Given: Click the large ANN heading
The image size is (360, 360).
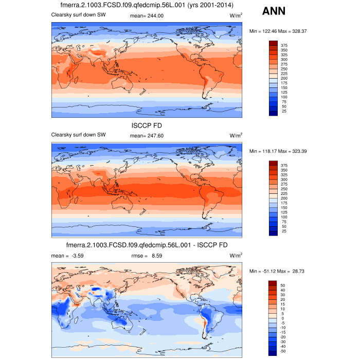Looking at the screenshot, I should pos(278,11).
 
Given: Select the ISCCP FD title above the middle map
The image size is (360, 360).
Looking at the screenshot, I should pos(147,125).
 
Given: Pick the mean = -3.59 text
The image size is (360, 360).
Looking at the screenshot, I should pos(67,255).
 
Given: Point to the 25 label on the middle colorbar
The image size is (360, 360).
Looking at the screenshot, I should pos(283,231).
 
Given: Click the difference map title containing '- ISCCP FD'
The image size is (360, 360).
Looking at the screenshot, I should pos(147,245).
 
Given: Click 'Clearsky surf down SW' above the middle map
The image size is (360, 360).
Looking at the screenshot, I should pos(78,135).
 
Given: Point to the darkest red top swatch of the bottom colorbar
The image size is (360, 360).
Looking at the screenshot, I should pos(273,283).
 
